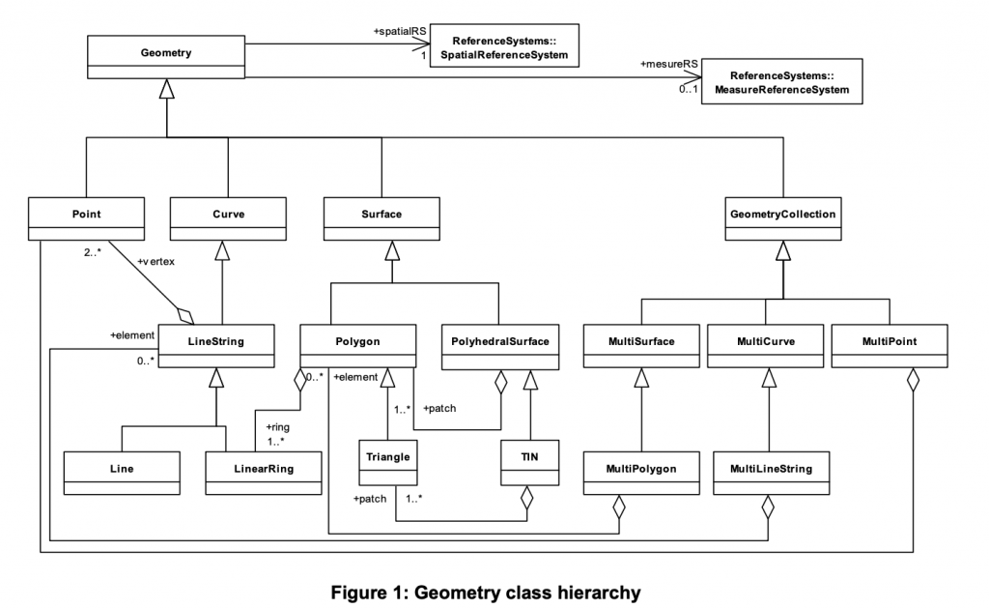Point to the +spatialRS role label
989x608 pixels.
(399, 32)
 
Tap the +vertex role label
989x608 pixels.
(157, 261)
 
